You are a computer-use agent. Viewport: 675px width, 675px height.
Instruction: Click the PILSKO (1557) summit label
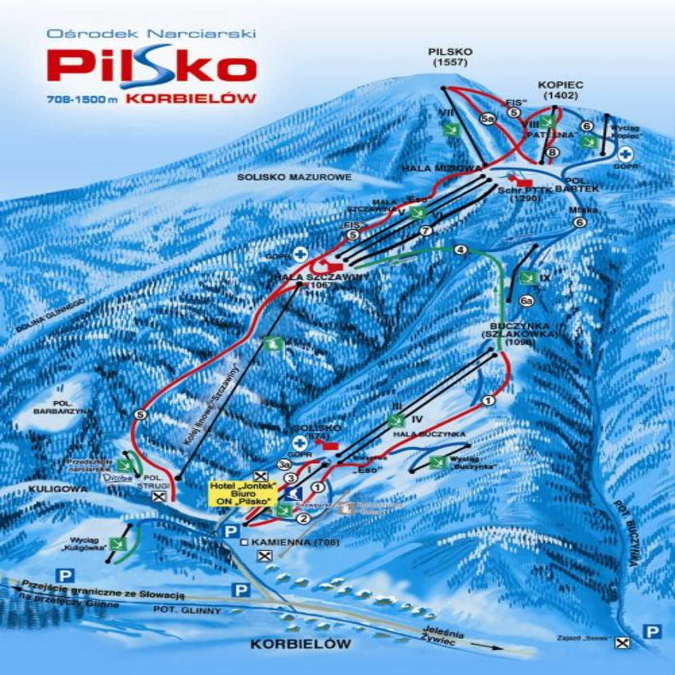(450, 57)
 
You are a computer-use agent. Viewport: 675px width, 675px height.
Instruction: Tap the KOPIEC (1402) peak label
(561, 90)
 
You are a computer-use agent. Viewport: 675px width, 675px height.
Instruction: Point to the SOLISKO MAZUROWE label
(294, 177)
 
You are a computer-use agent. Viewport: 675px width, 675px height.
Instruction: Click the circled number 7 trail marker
(426, 231)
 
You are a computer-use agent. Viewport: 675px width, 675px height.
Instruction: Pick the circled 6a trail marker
(526, 302)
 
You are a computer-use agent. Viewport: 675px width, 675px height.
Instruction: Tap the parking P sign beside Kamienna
(229, 532)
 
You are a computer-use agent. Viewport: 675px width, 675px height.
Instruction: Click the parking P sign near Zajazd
(652, 632)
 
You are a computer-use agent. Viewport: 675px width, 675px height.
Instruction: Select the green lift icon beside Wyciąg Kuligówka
(118, 544)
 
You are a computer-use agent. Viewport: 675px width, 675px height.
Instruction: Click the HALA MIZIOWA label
(442, 168)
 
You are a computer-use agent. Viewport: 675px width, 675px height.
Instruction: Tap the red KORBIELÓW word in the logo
(192, 98)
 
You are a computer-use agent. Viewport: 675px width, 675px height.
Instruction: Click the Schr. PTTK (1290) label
(518, 194)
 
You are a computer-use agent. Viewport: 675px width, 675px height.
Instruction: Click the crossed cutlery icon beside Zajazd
(622, 643)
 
